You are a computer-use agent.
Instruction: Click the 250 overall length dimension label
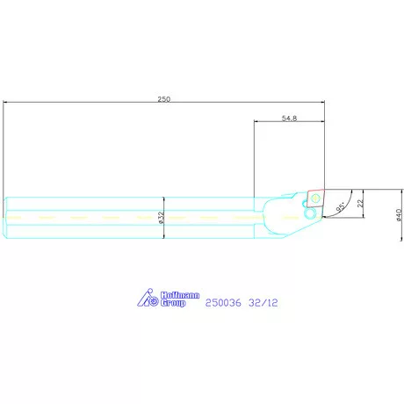click(x=164, y=99)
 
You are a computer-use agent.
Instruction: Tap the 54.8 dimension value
click(x=289, y=118)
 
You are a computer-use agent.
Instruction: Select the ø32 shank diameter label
click(x=162, y=218)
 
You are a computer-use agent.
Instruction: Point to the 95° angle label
click(x=341, y=207)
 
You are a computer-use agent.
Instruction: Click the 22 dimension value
click(x=360, y=203)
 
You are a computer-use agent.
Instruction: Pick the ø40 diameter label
click(x=399, y=214)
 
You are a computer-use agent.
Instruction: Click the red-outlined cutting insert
click(x=315, y=198)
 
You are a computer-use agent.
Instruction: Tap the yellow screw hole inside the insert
click(x=315, y=198)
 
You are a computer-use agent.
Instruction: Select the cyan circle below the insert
click(x=309, y=213)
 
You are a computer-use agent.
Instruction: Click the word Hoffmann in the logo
click(x=180, y=295)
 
